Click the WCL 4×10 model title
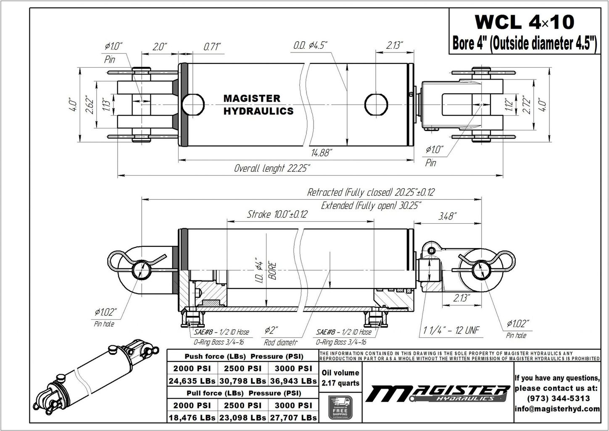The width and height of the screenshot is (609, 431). point(524,22)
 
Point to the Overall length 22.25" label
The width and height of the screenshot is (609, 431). point(272,169)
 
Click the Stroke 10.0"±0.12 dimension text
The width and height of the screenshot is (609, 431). point(277,214)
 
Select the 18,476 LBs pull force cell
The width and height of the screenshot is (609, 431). point(192,418)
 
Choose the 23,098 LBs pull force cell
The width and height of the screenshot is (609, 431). point(243,418)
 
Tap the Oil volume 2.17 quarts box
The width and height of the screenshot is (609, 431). point(340,378)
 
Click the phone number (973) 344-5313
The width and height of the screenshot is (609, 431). point(557,398)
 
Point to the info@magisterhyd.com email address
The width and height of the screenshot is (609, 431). point(557,409)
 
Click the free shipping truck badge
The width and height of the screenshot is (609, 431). point(340,407)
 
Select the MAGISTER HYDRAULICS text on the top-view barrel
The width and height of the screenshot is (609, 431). point(258,105)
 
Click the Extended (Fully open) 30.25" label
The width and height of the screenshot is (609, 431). point(372,206)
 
